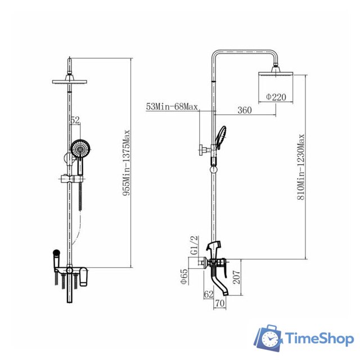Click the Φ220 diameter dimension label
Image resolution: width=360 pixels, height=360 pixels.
click(276, 97)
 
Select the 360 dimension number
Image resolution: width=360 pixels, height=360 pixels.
click(245, 110)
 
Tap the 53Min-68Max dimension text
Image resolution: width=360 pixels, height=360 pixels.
click(172, 107)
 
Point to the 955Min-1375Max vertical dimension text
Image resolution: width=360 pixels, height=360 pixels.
click(126, 163)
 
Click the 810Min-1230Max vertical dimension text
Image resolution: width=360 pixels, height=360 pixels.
click(301, 167)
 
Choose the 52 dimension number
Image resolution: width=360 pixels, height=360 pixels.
click(75, 120)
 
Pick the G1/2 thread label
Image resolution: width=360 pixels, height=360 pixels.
click(194, 245)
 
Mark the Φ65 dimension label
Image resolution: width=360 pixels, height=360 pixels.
click(184, 276)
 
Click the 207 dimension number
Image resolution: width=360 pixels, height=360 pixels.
click(237, 277)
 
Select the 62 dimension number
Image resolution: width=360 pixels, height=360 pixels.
click(209, 294)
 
